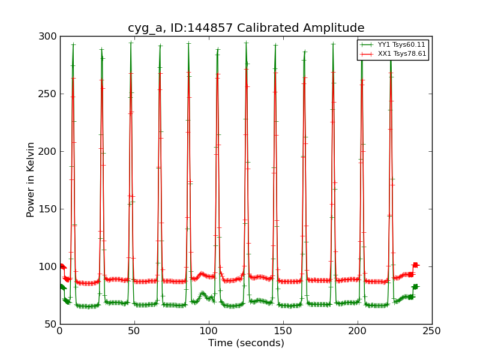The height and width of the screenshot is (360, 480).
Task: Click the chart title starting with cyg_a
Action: click(246, 28)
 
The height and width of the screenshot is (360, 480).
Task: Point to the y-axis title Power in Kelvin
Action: click(31, 179)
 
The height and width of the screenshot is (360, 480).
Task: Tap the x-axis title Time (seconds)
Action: click(246, 343)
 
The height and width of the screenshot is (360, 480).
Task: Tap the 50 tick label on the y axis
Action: click(51, 325)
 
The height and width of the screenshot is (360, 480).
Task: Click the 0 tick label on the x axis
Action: click(60, 331)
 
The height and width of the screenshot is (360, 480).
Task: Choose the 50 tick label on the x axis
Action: click(134, 331)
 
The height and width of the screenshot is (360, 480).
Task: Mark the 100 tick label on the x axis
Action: click(209, 331)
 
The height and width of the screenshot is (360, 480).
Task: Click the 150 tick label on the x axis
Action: click(283, 331)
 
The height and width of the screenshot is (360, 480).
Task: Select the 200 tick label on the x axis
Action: click(358, 331)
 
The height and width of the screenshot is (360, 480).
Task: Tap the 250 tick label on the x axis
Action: click(432, 331)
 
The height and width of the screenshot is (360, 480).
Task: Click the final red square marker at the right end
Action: click(415, 265)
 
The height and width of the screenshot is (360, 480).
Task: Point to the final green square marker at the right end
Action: click(415, 287)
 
